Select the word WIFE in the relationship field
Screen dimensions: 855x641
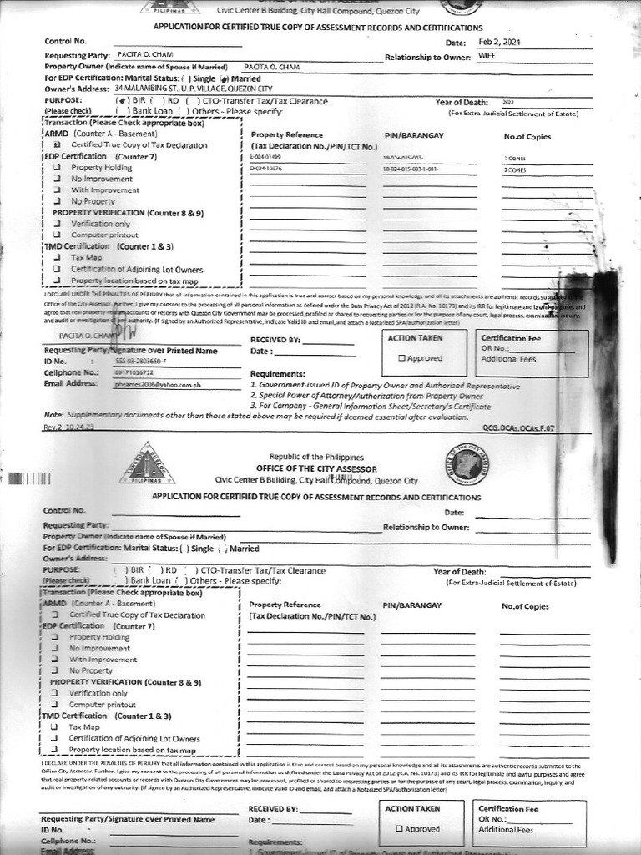[487, 56]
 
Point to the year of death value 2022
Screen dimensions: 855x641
[509, 102]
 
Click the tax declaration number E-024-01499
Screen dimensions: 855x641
[265, 157]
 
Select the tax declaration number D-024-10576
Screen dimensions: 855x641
[266, 169]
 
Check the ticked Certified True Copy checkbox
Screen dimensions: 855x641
[57, 144]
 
